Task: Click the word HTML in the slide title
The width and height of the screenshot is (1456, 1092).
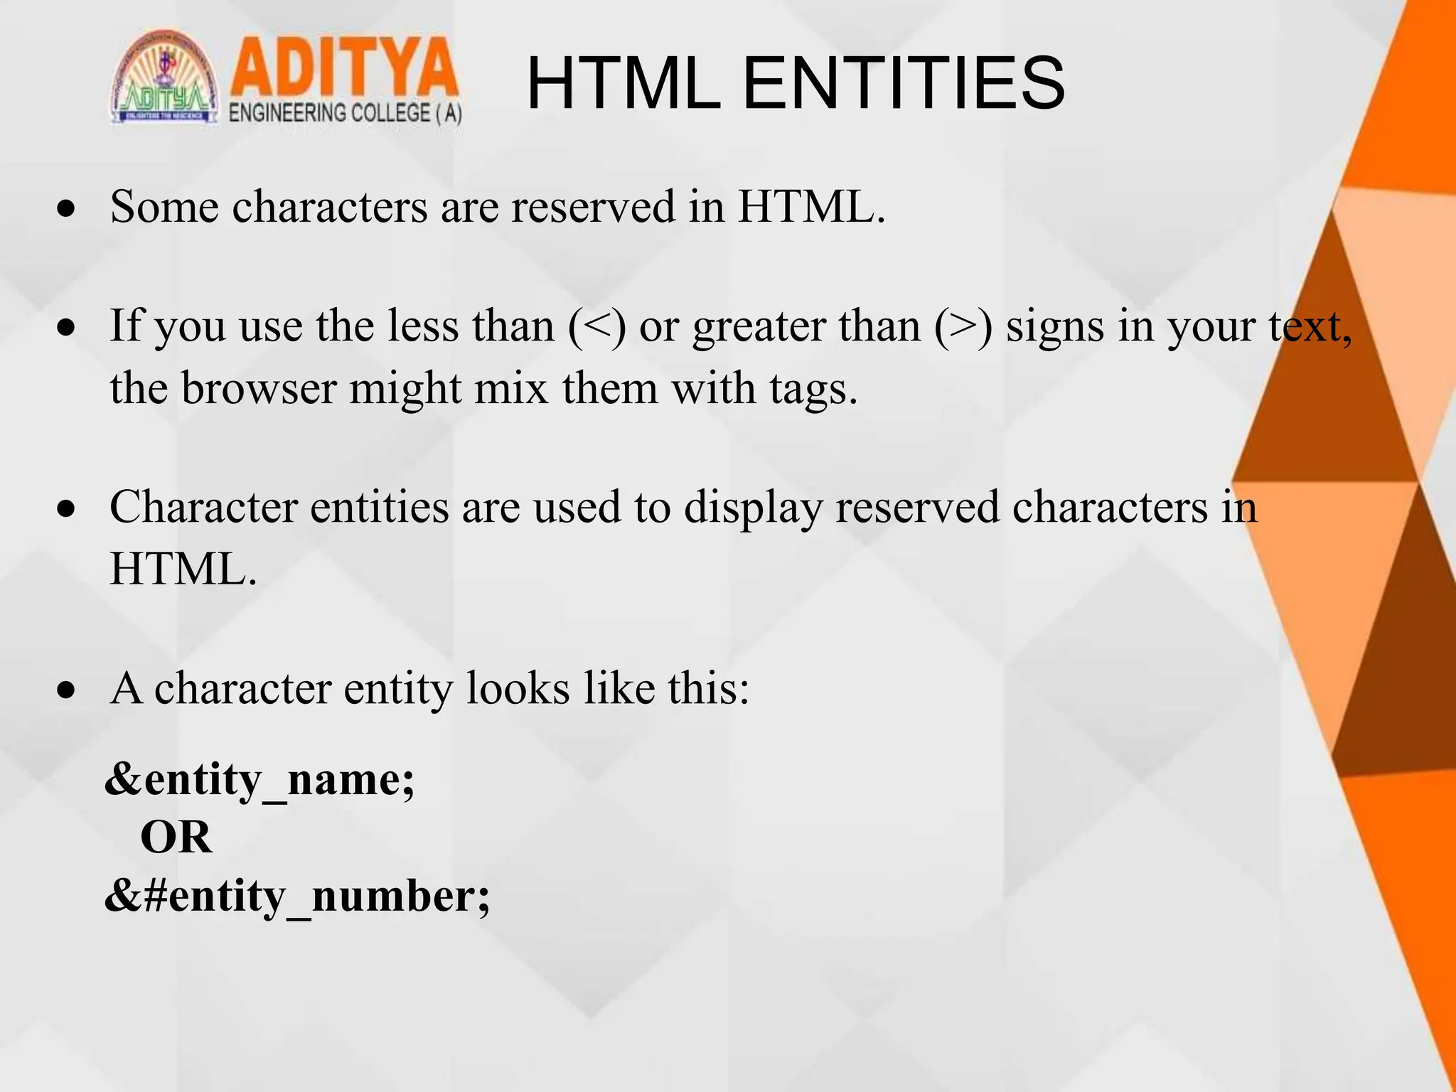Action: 623,84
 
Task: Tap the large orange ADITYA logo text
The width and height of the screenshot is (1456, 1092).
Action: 344,69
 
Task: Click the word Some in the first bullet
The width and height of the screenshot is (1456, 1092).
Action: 164,207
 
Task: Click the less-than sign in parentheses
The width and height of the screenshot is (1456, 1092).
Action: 597,327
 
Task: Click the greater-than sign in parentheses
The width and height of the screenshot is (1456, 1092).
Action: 963,327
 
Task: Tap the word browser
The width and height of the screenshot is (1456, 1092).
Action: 259,389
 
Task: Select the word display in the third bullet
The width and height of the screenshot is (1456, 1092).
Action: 753,509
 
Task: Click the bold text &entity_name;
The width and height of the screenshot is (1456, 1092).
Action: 259,781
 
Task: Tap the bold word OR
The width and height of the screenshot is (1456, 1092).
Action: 176,837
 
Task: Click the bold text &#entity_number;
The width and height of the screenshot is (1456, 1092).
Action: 297,896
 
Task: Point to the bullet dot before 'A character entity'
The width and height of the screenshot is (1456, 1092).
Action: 67,690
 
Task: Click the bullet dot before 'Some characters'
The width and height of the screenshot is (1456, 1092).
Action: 67,208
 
